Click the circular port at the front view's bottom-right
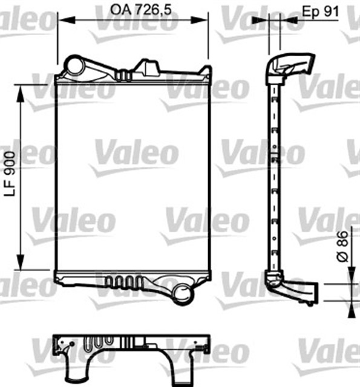183,294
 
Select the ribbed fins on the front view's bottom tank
124,282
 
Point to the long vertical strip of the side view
274,175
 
